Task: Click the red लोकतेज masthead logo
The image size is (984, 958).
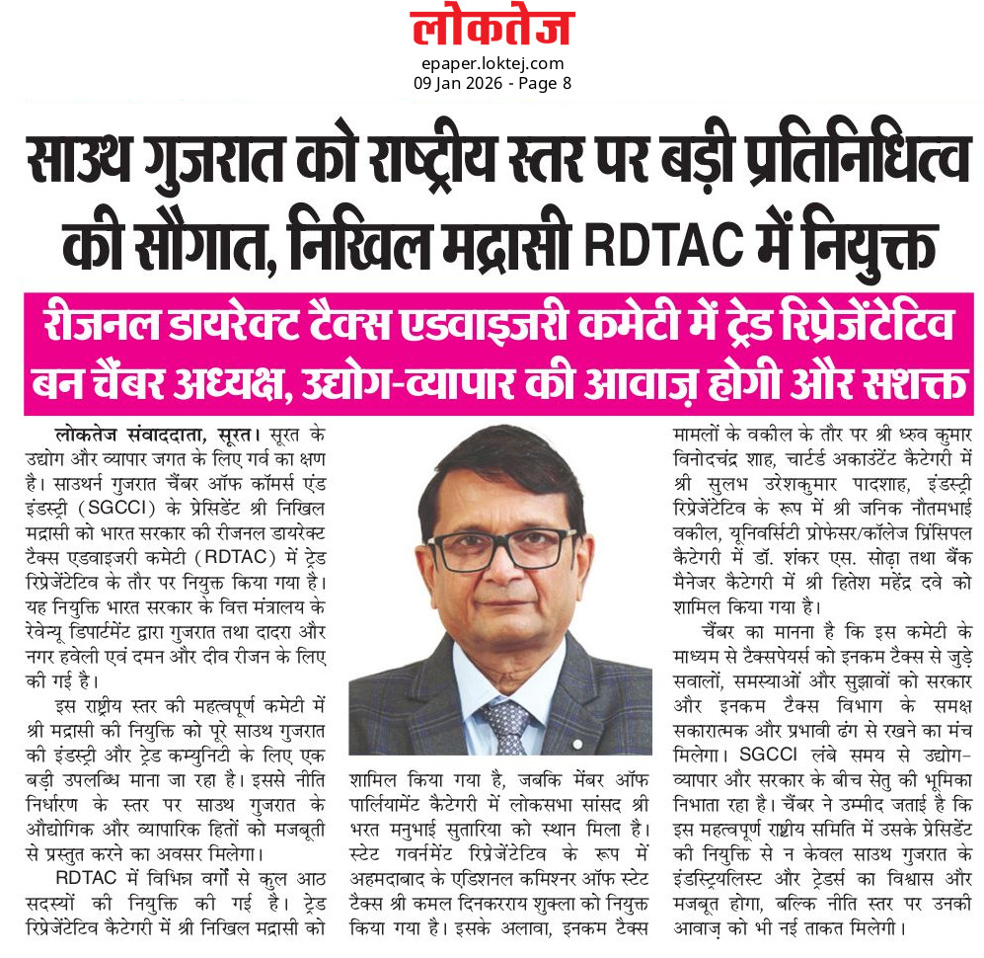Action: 492,29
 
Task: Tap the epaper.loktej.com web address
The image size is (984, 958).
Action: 491,64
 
